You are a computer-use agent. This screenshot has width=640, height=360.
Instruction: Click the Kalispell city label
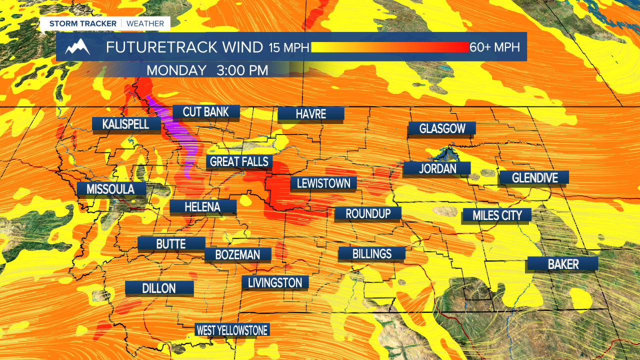coord(125,124)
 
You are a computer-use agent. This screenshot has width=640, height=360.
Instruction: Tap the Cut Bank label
coord(205,111)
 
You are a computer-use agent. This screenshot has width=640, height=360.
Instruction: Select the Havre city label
coord(310,113)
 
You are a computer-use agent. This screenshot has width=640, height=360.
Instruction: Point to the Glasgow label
coord(442,128)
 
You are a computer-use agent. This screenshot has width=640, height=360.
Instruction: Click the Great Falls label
coord(239,161)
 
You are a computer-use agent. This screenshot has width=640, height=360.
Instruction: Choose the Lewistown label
coord(323,183)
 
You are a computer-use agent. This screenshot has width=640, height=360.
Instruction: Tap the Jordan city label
coord(437,168)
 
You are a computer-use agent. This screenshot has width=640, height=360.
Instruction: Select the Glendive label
coord(534,177)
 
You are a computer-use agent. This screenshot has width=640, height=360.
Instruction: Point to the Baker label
coord(563,264)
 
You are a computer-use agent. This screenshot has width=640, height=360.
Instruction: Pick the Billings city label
coord(371,253)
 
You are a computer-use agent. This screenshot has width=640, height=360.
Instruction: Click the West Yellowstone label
coord(232,330)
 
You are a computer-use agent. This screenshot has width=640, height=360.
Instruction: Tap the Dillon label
coord(159,288)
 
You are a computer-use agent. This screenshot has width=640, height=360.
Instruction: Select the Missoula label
coord(110,189)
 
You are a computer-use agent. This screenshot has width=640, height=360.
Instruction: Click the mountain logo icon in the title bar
coord(77,47)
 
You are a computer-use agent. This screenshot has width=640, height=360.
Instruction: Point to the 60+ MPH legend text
coord(494,47)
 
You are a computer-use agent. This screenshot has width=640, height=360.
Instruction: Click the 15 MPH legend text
coord(289,47)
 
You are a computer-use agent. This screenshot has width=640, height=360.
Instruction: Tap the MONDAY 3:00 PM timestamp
coord(207,70)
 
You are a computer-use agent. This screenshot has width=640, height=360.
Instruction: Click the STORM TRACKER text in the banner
coord(82,23)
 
